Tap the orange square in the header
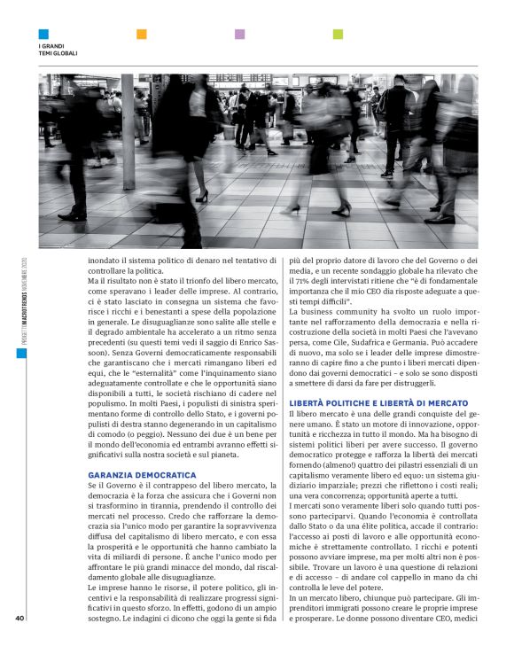(142, 35)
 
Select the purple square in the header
(239, 35)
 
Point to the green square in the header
(338, 35)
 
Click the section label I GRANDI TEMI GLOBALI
(58, 50)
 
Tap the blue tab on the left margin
(20, 353)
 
